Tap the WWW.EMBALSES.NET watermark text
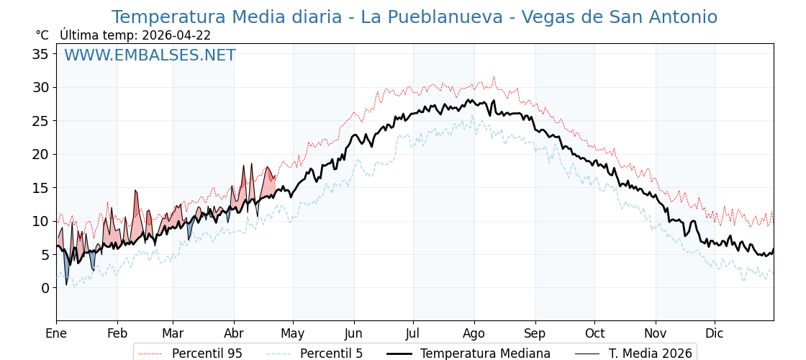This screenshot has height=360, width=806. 150,55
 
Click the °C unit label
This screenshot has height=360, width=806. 42,35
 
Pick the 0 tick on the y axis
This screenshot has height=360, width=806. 45,288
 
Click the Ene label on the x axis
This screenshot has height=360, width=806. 56,334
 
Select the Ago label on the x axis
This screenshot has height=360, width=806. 474,334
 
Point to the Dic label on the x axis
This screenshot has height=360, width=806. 715,334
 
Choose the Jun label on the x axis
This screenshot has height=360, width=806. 353,334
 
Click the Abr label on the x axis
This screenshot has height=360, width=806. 234,334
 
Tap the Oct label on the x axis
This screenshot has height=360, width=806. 594,334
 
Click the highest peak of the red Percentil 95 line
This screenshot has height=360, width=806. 494,76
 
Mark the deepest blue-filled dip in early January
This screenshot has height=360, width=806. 66,284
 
